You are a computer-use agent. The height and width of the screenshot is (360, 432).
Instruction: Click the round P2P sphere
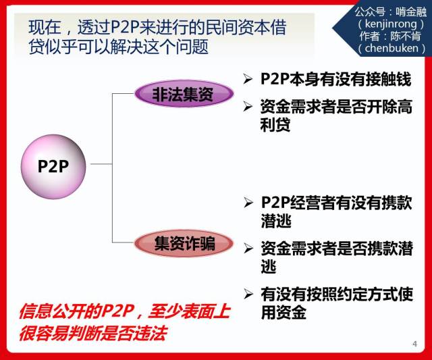pyautogui.click(x=53, y=167)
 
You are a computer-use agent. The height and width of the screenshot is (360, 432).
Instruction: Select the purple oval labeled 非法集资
pyautogui.click(x=184, y=93)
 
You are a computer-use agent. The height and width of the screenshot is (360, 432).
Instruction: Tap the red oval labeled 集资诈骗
pyautogui.click(x=184, y=243)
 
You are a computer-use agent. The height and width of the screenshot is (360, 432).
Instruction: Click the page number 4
pyautogui.click(x=415, y=344)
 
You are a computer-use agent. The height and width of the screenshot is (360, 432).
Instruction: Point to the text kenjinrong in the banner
pyautogui.click(x=391, y=24)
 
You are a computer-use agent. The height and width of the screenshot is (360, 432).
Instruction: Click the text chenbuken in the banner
pyautogui.click(x=391, y=48)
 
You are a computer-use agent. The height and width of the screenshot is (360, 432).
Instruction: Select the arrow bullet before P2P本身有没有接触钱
pyautogui.click(x=248, y=79)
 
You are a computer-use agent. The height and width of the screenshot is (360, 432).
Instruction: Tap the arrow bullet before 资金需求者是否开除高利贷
pyautogui.click(x=248, y=107)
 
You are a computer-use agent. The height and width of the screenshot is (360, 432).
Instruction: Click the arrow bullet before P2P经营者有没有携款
pyautogui.click(x=248, y=203)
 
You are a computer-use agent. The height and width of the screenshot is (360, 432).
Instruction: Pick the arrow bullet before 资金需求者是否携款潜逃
pyautogui.click(x=248, y=248)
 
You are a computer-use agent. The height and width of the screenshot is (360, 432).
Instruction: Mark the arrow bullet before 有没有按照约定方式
pyautogui.click(x=248, y=294)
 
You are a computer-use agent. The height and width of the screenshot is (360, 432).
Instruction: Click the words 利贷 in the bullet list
pyautogui.click(x=275, y=124)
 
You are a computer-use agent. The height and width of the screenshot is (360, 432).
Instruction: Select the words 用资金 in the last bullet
pyautogui.click(x=283, y=312)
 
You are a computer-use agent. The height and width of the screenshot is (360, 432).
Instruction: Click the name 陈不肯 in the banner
pyautogui.click(x=405, y=36)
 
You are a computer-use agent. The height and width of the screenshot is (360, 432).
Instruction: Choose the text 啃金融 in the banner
pyautogui.click(x=411, y=12)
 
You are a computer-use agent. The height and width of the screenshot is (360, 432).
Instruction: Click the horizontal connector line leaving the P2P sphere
pyautogui.click(x=101, y=164)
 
